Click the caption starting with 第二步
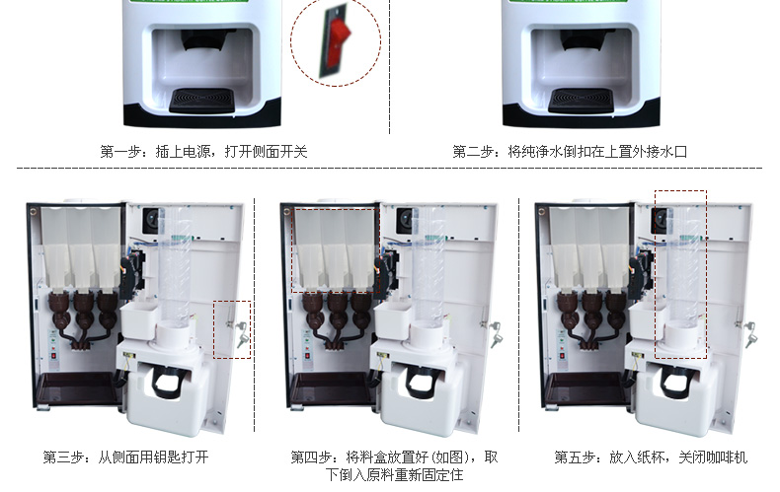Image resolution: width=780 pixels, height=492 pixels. [x=570, y=152]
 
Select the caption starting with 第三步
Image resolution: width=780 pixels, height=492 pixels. [x=125, y=457]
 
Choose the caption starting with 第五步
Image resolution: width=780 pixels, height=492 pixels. [x=651, y=457]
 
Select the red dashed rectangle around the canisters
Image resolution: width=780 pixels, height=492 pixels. [x=336, y=250]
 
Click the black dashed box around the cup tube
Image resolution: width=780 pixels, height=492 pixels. [x=680, y=275]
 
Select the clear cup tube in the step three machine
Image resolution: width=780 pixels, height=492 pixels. [x=175, y=266]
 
